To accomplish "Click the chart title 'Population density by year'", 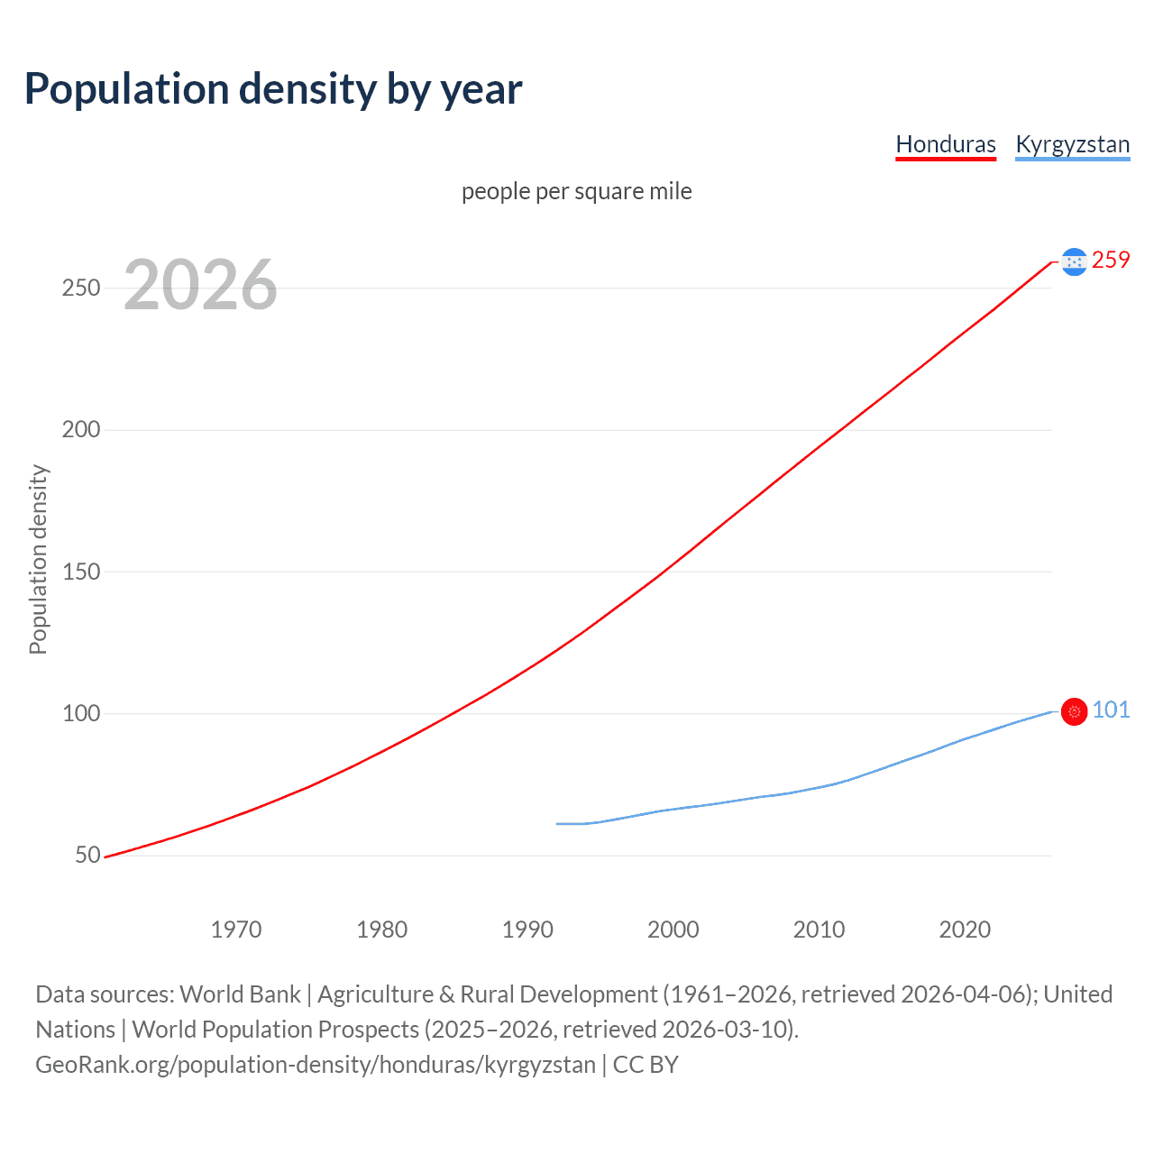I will (x=273, y=89).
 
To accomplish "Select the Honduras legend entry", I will (x=946, y=144).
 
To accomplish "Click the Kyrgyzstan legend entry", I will (x=1072, y=144).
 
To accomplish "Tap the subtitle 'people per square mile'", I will (x=577, y=191).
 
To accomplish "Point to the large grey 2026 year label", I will (x=200, y=285).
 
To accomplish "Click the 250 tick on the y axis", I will (x=81, y=288).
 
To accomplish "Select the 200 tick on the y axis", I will (x=81, y=429).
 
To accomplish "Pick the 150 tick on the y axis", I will (x=81, y=572).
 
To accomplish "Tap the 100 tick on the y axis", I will (x=81, y=713).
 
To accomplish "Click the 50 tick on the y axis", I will (x=87, y=855).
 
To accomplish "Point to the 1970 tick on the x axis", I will (x=236, y=930).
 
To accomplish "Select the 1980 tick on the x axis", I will (x=382, y=930).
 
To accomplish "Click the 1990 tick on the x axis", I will (x=528, y=930).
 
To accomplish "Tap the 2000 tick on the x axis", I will (x=673, y=930).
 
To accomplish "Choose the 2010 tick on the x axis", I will (x=820, y=930).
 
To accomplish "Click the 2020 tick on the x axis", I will (x=965, y=930).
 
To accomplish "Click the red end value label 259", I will (x=1111, y=260).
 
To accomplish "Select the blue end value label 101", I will (x=1111, y=710).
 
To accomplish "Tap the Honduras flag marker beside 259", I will (x=1074, y=261).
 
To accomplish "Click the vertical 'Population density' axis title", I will (x=38, y=559).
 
